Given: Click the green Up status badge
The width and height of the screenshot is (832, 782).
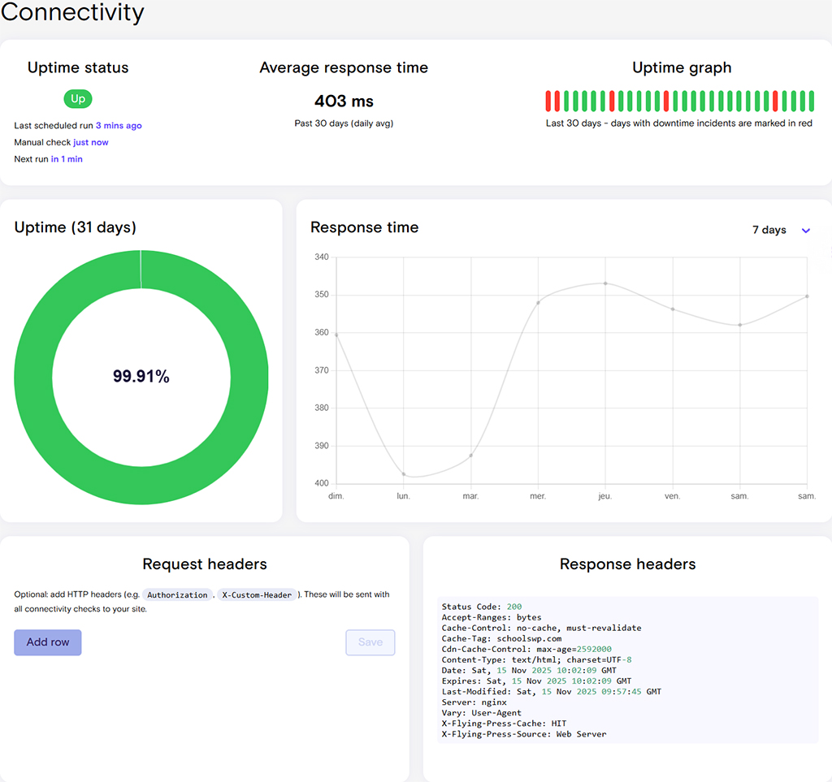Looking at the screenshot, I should coord(78,99).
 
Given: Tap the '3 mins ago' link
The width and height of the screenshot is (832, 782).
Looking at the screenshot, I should coord(119,126).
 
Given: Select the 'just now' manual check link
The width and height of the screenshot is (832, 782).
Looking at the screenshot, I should coord(91,142).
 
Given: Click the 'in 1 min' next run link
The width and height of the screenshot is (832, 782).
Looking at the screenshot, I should coord(67,159).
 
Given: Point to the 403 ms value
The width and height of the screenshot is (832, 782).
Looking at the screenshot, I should coord(344,102).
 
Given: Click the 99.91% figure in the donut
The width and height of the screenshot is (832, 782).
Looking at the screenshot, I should coord(141,376).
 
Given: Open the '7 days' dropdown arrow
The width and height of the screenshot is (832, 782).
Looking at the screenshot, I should coord(806,231).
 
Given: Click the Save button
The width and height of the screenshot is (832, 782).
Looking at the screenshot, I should coord(370,642).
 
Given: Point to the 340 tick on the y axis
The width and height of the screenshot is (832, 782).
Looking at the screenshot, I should coord(322,257).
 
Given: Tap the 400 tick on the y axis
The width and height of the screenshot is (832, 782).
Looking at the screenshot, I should coord(322,484).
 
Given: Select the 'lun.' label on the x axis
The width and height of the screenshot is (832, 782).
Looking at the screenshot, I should coord(404,495).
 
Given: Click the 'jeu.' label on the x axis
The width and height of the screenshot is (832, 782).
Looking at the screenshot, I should coord(605,495).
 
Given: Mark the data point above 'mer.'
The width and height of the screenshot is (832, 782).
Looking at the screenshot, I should coord(538,303).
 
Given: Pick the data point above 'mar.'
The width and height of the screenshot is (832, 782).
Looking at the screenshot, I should coord(471,456).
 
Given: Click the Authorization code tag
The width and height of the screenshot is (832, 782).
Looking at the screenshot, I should coord(177,595).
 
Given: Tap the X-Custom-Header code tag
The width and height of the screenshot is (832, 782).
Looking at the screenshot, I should coord(257,595).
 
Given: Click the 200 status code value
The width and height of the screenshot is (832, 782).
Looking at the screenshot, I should coord(513,607).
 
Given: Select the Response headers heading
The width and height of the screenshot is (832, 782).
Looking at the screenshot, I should coord(627,564).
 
